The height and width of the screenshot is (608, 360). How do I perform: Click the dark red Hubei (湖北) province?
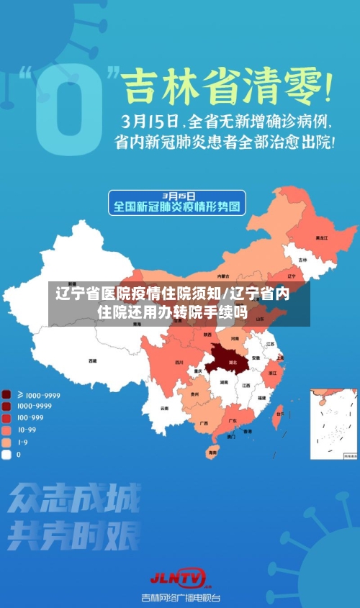[x=231, y=358]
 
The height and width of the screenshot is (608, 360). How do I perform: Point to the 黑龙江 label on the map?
[x=321, y=237]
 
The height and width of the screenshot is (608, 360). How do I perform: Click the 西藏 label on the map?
[x=92, y=360]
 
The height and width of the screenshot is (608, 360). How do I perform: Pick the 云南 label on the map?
[x=165, y=408]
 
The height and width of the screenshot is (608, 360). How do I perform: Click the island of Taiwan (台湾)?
[x=279, y=413]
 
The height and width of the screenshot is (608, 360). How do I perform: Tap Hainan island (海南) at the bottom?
[x=212, y=452]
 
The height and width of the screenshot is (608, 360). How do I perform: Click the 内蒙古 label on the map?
[x=223, y=276]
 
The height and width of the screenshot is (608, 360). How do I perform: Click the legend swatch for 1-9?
[x=6, y=442]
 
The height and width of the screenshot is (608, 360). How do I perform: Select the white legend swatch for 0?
[x=6, y=454]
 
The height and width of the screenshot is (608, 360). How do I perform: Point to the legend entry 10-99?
[x=27, y=430]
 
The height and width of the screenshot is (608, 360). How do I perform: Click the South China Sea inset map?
[x=333, y=424]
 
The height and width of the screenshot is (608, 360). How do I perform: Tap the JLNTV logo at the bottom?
[x=179, y=577]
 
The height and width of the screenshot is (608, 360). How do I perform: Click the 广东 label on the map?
[x=233, y=420]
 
